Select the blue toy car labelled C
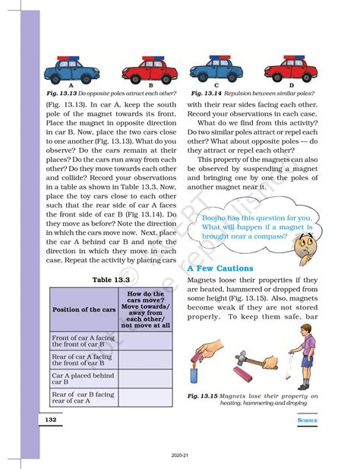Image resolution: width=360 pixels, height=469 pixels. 216,68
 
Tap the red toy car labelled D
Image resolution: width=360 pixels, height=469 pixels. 291,68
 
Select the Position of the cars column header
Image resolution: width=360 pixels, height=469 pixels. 84,309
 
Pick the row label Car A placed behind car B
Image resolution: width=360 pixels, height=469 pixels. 83,378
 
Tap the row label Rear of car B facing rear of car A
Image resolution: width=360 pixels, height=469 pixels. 83,398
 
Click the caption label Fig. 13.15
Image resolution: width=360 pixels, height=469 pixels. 203,396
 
